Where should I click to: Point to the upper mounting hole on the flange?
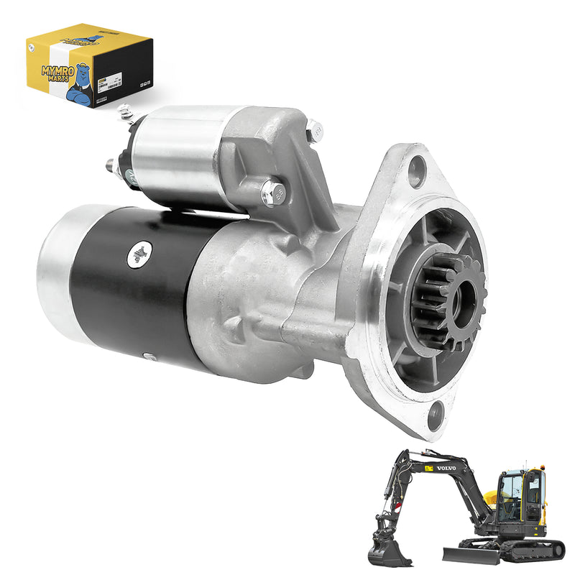pyautogui.click(x=418, y=170)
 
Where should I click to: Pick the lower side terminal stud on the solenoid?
pyautogui.click(x=112, y=166)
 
